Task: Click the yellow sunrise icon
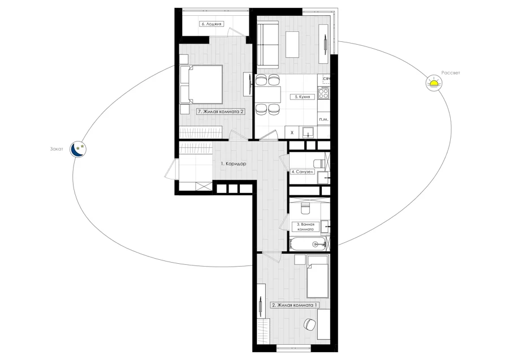coord(434,83)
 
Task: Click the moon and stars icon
coord(78,149)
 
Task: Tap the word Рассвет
coord(451,73)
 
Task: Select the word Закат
coord(57,149)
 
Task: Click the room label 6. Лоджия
coord(212,24)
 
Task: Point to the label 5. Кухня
coord(302,96)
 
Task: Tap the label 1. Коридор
coord(234,164)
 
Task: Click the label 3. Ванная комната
coord(305,226)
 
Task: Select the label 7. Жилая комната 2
coord(221,112)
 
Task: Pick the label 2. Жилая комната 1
coord(295,305)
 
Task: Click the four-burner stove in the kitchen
coord(323,93)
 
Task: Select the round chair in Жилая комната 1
coord(310,324)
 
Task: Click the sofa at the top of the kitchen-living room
coord(268,45)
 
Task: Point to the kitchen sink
coord(308,132)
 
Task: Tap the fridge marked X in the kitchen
coord(292,132)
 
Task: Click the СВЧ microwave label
coord(326,79)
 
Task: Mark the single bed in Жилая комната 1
coord(318,276)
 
